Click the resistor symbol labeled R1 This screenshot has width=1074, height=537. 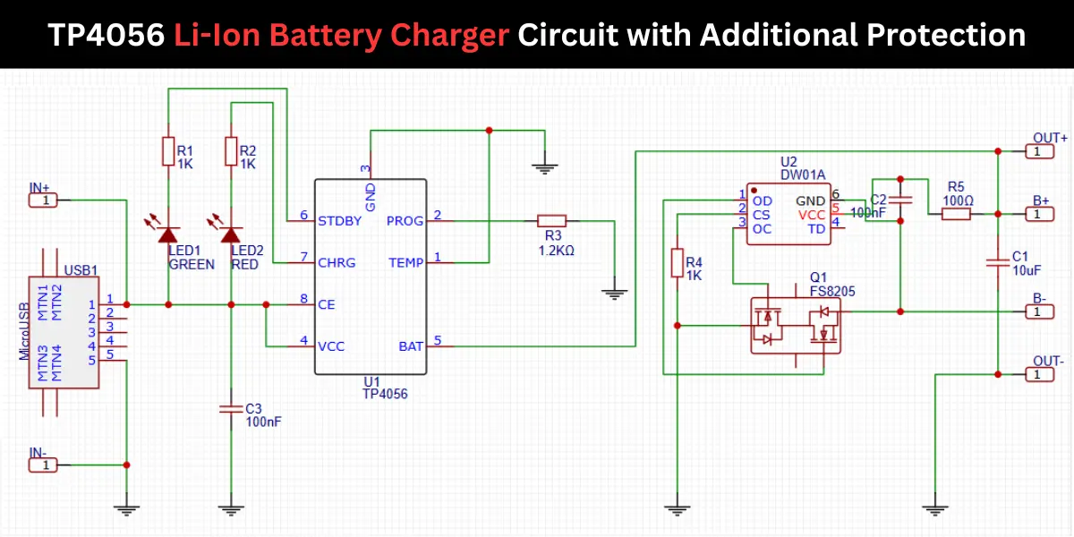point(168,151)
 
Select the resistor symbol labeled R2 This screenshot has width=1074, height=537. point(232,151)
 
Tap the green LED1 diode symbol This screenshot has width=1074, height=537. point(168,234)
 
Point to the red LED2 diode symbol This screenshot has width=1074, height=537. point(232,234)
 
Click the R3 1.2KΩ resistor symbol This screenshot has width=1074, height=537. point(551,220)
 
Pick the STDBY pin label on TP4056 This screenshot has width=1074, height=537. point(340,220)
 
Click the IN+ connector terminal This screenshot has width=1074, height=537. point(43,200)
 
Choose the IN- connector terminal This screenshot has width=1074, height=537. point(43,465)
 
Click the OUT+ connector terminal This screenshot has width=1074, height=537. point(1038,151)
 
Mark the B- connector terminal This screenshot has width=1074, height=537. point(1038,311)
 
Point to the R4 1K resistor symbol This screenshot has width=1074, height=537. point(678,263)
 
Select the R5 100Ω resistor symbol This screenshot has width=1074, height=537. point(956,214)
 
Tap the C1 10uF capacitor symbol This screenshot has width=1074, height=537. point(998,262)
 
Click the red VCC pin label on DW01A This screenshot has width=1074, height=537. point(812,215)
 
